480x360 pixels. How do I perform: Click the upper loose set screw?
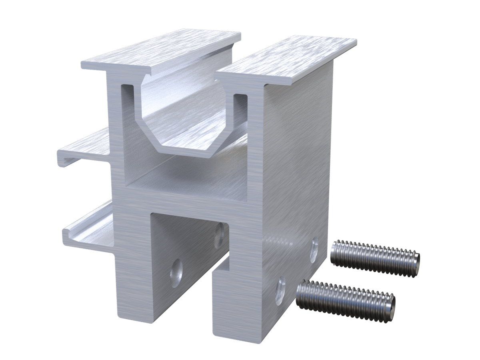[x=375, y=258]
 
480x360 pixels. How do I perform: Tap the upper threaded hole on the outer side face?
[x=314, y=244]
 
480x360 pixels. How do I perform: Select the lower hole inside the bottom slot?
[x=176, y=273]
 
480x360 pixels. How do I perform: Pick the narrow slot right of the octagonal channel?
[x=240, y=112]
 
